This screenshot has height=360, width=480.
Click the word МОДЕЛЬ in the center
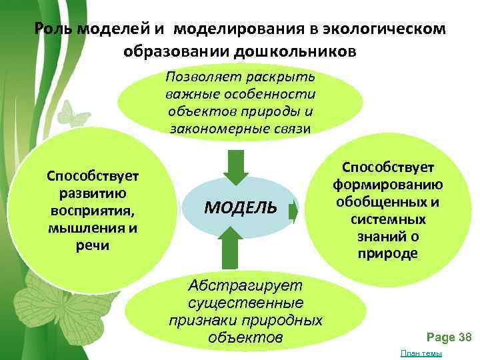(240, 207)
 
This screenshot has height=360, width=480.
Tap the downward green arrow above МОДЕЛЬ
(236, 167)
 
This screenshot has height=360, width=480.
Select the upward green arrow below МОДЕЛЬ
(229, 247)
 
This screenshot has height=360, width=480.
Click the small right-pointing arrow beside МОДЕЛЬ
(293, 211)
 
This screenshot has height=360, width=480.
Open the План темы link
(425, 353)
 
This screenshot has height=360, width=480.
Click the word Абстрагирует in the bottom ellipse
(245, 286)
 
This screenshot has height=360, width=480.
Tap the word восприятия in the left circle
(92, 211)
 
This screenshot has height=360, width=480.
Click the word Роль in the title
(53, 30)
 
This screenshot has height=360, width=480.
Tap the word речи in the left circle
(92, 246)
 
